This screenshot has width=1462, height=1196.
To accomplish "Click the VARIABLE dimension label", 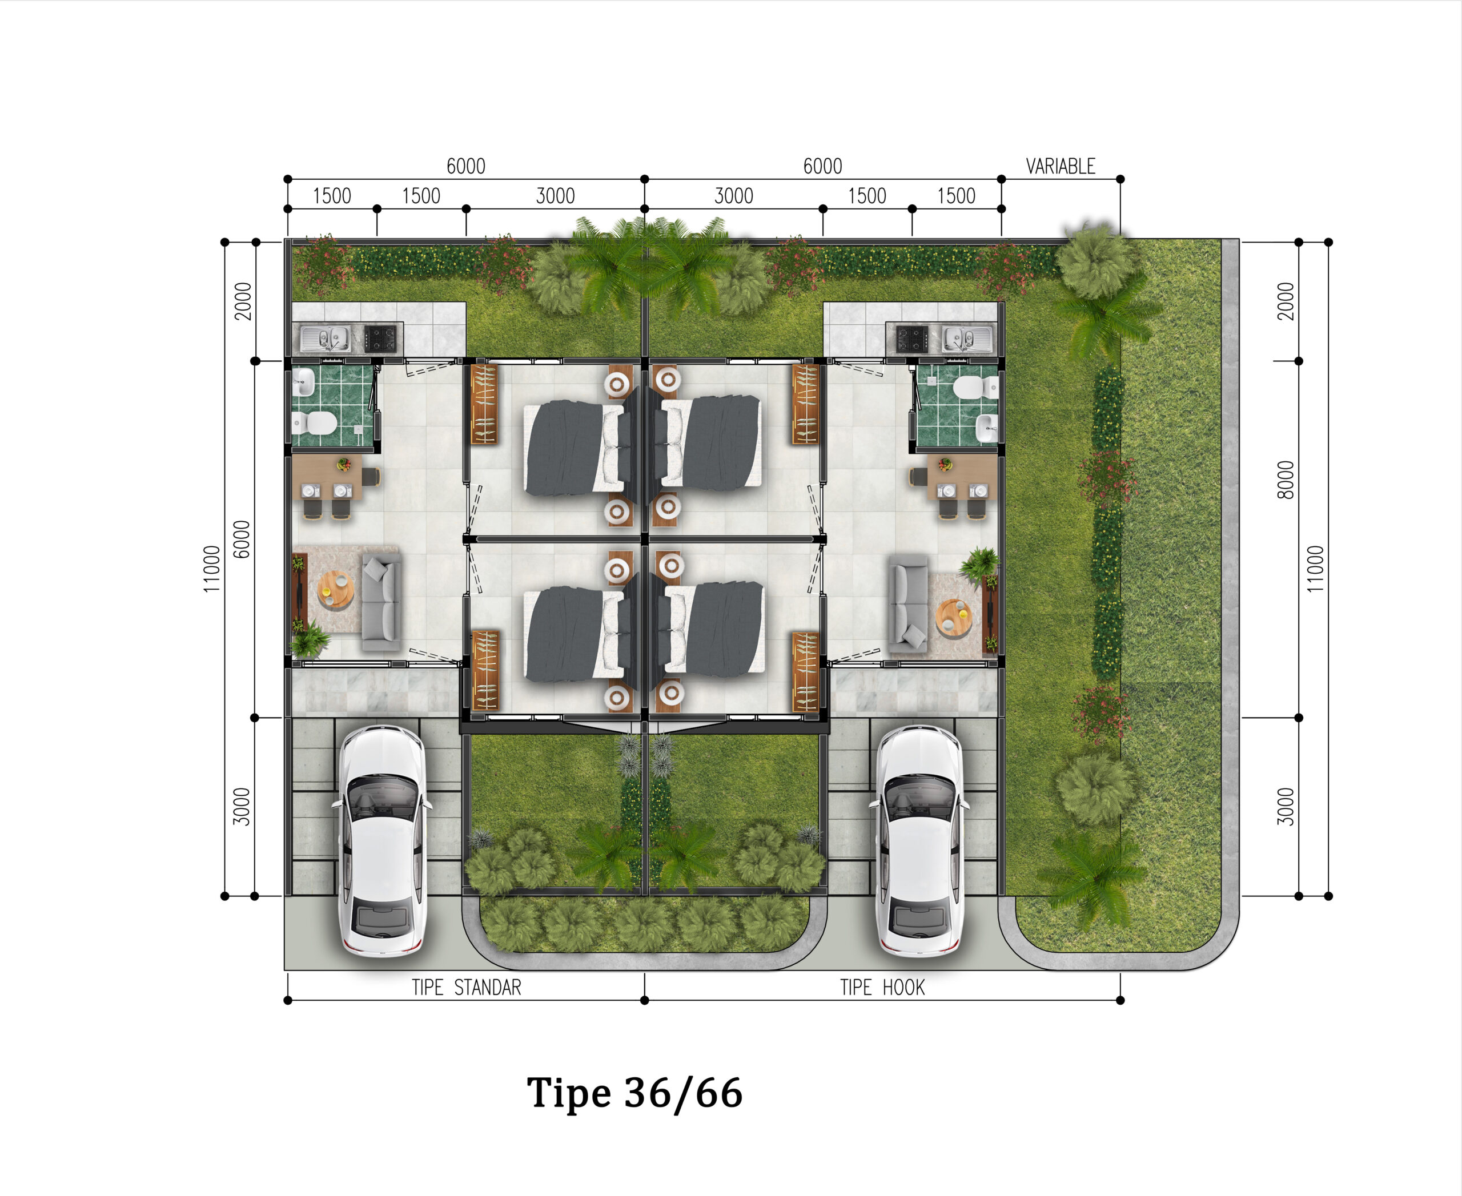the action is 1060,166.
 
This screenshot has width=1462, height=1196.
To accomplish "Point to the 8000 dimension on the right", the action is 1286,480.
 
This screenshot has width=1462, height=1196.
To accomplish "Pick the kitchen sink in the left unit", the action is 324,339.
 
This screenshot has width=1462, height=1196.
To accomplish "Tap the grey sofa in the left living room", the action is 380,603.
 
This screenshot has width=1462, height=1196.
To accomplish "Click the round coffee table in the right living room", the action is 954,617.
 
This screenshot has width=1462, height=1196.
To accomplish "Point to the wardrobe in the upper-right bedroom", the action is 805,404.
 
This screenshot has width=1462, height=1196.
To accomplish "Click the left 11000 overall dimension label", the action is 212,569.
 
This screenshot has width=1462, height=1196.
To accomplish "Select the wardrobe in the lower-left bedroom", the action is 485,670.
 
